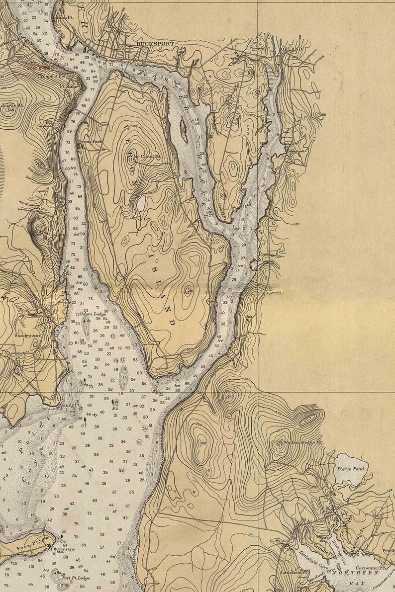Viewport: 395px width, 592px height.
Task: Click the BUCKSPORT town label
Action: click(x=155, y=44)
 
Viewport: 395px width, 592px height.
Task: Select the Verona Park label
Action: click(x=90, y=142)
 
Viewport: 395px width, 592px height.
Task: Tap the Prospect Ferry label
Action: click(x=54, y=76)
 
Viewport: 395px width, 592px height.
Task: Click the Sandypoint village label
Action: click(x=27, y=336)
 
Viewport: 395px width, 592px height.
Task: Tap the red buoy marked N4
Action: click(x=114, y=402)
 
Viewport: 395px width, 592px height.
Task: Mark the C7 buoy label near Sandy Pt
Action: click(x=84, y=426)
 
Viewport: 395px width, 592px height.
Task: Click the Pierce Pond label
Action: click(x=351, y=469)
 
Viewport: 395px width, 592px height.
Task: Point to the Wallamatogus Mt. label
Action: click(x=304, y=441)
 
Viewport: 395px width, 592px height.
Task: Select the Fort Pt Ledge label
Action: click(x=76, y=578)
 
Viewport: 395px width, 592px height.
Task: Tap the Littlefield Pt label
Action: click(x=291, y=573)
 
